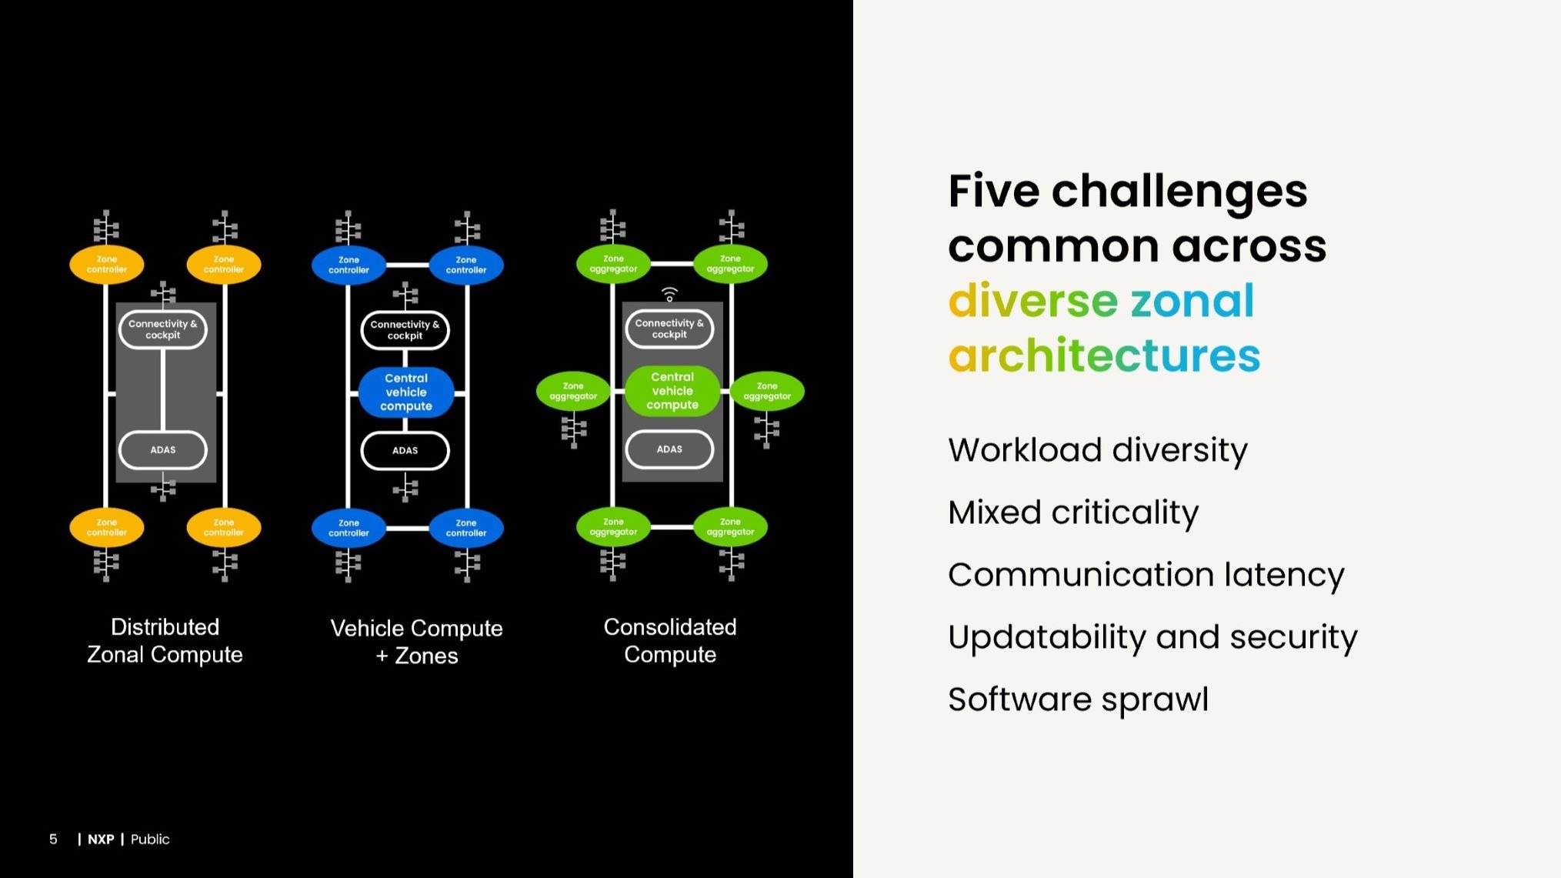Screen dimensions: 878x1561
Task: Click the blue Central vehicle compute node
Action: tap(405, 392)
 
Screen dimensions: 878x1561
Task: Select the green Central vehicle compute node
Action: tap(672, 391)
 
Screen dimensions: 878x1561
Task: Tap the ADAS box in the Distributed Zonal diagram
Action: tap(163, 450)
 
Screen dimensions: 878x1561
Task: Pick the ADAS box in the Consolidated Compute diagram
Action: tap(669, 449)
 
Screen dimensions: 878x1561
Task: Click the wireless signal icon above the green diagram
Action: tap(669, 294)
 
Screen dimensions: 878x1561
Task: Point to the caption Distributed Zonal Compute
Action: tap(165, 640)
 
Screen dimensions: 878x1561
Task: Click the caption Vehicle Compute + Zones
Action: tap(416, 642)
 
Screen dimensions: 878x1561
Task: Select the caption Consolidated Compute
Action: tap(670, 640)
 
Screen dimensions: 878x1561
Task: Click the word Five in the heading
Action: tap(993, 191)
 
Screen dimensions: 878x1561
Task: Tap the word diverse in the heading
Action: tap(1032, 300)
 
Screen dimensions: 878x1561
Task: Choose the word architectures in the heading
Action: tap(1104, 356)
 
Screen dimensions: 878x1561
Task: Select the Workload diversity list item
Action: tap(1097, 450)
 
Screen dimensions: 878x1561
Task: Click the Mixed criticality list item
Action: tap(1073, 512)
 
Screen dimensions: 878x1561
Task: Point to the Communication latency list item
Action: tap(1146, 575)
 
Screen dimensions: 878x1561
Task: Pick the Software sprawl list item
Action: tap(1078, 699)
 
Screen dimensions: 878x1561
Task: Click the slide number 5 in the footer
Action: tap(53, 840)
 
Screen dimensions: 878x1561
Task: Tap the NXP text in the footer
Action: tap(101, 840)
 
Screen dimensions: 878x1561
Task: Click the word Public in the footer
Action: tap(150, 840)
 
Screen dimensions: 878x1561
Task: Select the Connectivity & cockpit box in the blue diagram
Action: tap(405, 330)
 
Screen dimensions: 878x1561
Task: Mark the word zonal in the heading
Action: tap(1192, 300)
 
